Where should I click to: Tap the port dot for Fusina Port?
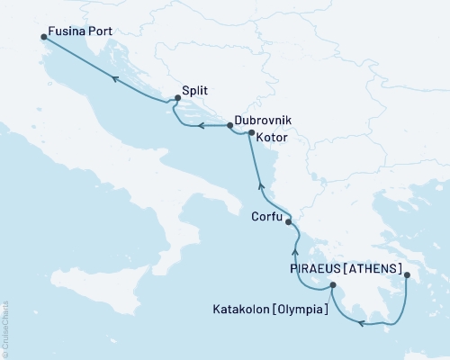coord(44,37)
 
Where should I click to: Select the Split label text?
coord(195,91)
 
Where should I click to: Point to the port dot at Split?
coord(177,100)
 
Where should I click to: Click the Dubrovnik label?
coord(262,120)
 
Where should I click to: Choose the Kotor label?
coord(273,138)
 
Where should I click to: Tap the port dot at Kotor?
coord(251,131)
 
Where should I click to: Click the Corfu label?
coord(266,217)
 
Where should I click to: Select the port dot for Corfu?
coord(288,219)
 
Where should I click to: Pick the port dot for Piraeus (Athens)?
coord(407,276)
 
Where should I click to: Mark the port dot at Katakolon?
coord(333,286)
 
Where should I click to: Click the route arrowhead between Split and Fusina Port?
coord(115,79)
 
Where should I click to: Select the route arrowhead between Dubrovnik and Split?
coord(202,125)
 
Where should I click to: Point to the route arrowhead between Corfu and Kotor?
coord(260,185)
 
